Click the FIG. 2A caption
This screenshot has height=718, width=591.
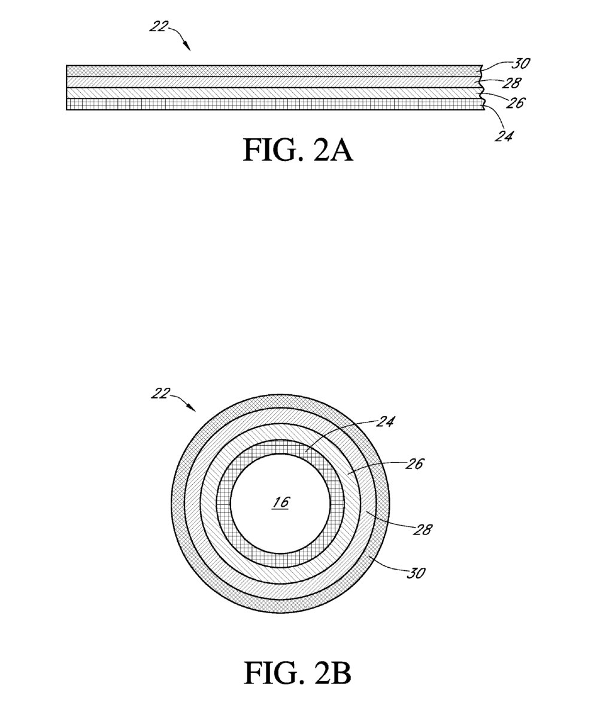click(298, 150)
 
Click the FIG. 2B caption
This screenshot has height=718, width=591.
click(298, 673)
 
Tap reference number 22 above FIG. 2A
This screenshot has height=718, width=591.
click(159, 26)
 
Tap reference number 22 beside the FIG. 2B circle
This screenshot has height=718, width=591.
click(160, 394)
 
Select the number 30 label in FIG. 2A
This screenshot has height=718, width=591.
click(521, 63)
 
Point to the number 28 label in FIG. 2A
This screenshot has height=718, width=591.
click(512, 83)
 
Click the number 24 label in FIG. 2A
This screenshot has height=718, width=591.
click(504, 136)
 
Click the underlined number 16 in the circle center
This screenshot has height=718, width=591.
click(281, 502)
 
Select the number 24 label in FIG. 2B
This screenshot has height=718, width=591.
click(385, 422)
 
